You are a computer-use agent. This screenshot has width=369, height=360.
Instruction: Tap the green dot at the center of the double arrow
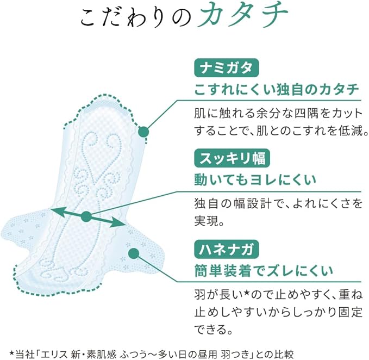[x=86, y=216]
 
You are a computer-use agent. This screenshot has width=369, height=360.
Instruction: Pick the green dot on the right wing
[x=133, y=253]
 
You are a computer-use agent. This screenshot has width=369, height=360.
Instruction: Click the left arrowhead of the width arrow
[x=53, y=210]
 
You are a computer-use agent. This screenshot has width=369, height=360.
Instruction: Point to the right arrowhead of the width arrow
[x=120, y=222]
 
